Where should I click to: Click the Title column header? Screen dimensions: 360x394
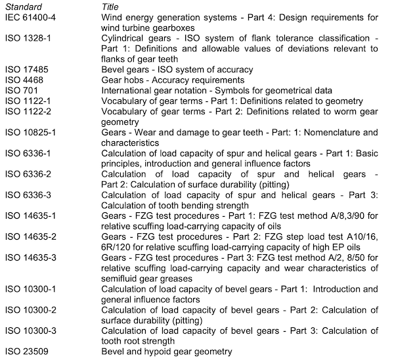[110, 6]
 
